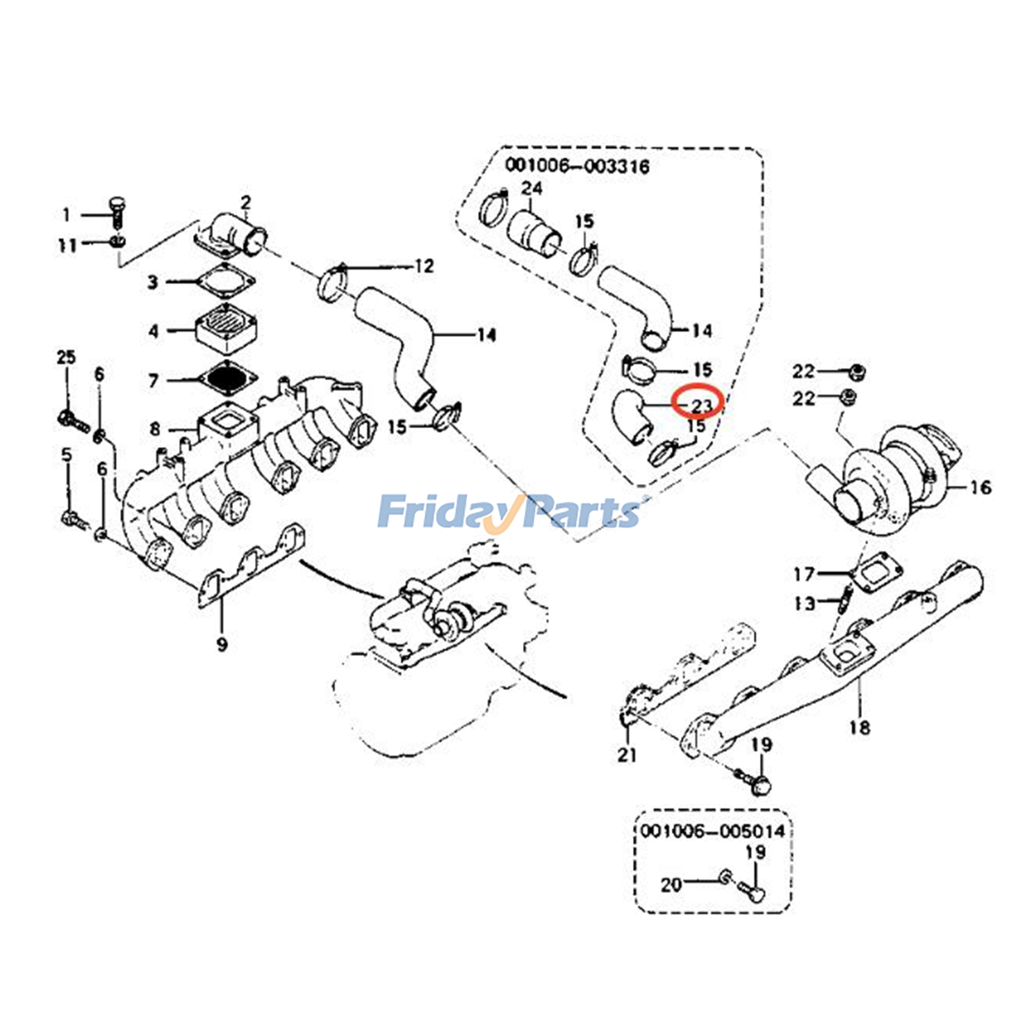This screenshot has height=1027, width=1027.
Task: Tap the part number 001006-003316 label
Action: tap(577, 166)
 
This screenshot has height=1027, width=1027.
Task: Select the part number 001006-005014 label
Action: tap(712, 831)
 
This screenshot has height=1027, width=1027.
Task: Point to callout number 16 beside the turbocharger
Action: tap(980, 488)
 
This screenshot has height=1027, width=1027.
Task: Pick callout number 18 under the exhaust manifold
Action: tap(859, 727)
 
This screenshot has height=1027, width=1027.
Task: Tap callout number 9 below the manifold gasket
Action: tap(222, 643)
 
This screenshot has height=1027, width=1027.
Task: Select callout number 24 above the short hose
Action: tap(531, 189)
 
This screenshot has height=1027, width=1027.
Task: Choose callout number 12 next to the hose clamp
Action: tap(424, 266)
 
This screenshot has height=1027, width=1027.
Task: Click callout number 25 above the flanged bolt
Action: tap(66, 357)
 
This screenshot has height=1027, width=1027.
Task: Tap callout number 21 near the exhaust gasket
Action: tap(627, 755)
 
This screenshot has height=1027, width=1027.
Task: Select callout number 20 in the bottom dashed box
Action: tap(671, 885)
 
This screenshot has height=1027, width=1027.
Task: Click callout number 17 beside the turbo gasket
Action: tap(804, 574)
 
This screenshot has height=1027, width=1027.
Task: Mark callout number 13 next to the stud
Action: tap(804, 603)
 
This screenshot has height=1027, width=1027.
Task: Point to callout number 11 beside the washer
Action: tap(68, 245)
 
